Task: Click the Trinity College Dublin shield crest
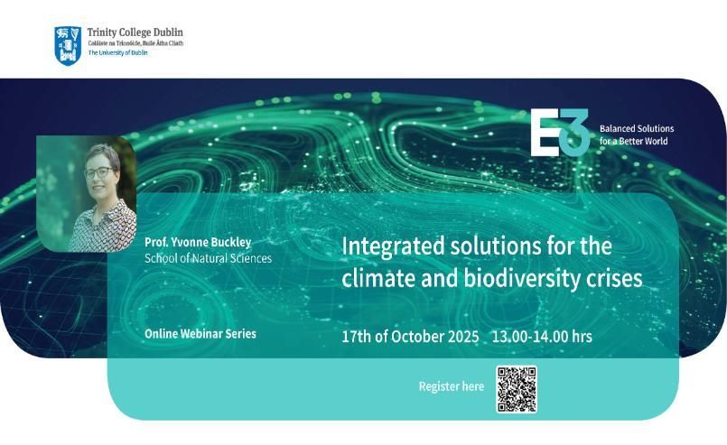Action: [x=68, y=45]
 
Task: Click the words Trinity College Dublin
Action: [x=135, y=32]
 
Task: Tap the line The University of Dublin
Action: [x=117, y=53]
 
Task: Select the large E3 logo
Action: [x=560, y=133]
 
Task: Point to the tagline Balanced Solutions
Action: [x=637, y=128]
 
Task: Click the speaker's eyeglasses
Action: [x=98, y=172]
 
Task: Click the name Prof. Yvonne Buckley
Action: [x=198, y=242]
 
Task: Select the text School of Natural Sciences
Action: [x=209, y=258]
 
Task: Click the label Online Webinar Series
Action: [x=200, y=334]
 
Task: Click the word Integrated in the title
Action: [x=393, y=246]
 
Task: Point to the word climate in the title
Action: [x=378, y=279]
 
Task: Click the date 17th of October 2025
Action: [x=410, y=337]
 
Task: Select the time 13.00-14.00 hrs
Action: [x=542, y=337]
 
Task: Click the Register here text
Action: [x=452, y=386]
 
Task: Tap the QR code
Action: [x=517, y=389]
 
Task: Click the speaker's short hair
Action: [x=103, y=153]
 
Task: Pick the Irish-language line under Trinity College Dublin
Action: [x=135, y=43]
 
